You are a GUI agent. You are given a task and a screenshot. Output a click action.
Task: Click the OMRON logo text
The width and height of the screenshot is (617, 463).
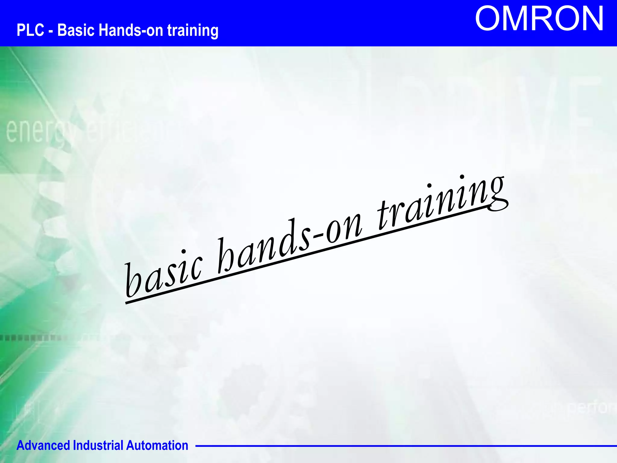[539, 19]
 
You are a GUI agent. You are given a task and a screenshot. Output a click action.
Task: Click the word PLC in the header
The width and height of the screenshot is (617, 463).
[30, 30]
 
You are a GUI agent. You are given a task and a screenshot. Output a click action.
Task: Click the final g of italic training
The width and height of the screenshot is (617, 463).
[497, 193]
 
